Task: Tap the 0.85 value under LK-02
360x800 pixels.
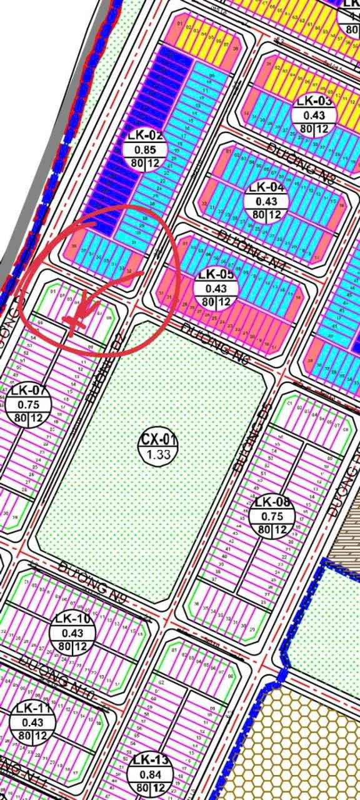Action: [x=145, y=150]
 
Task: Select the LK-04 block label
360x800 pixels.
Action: [x=266, y=187]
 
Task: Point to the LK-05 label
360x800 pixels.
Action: [x=216, y=274]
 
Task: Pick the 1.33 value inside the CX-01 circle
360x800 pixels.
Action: [x=158, y=454]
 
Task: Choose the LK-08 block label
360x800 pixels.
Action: [x=272, y=501]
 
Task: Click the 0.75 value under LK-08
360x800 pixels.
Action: [x=272, y=516]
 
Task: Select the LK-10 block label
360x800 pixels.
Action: [x=72, y=619]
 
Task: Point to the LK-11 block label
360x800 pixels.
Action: [x=33, y=709]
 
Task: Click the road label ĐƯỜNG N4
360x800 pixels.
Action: [x=240, y=245]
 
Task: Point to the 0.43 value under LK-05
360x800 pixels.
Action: [x=216, y=289]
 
